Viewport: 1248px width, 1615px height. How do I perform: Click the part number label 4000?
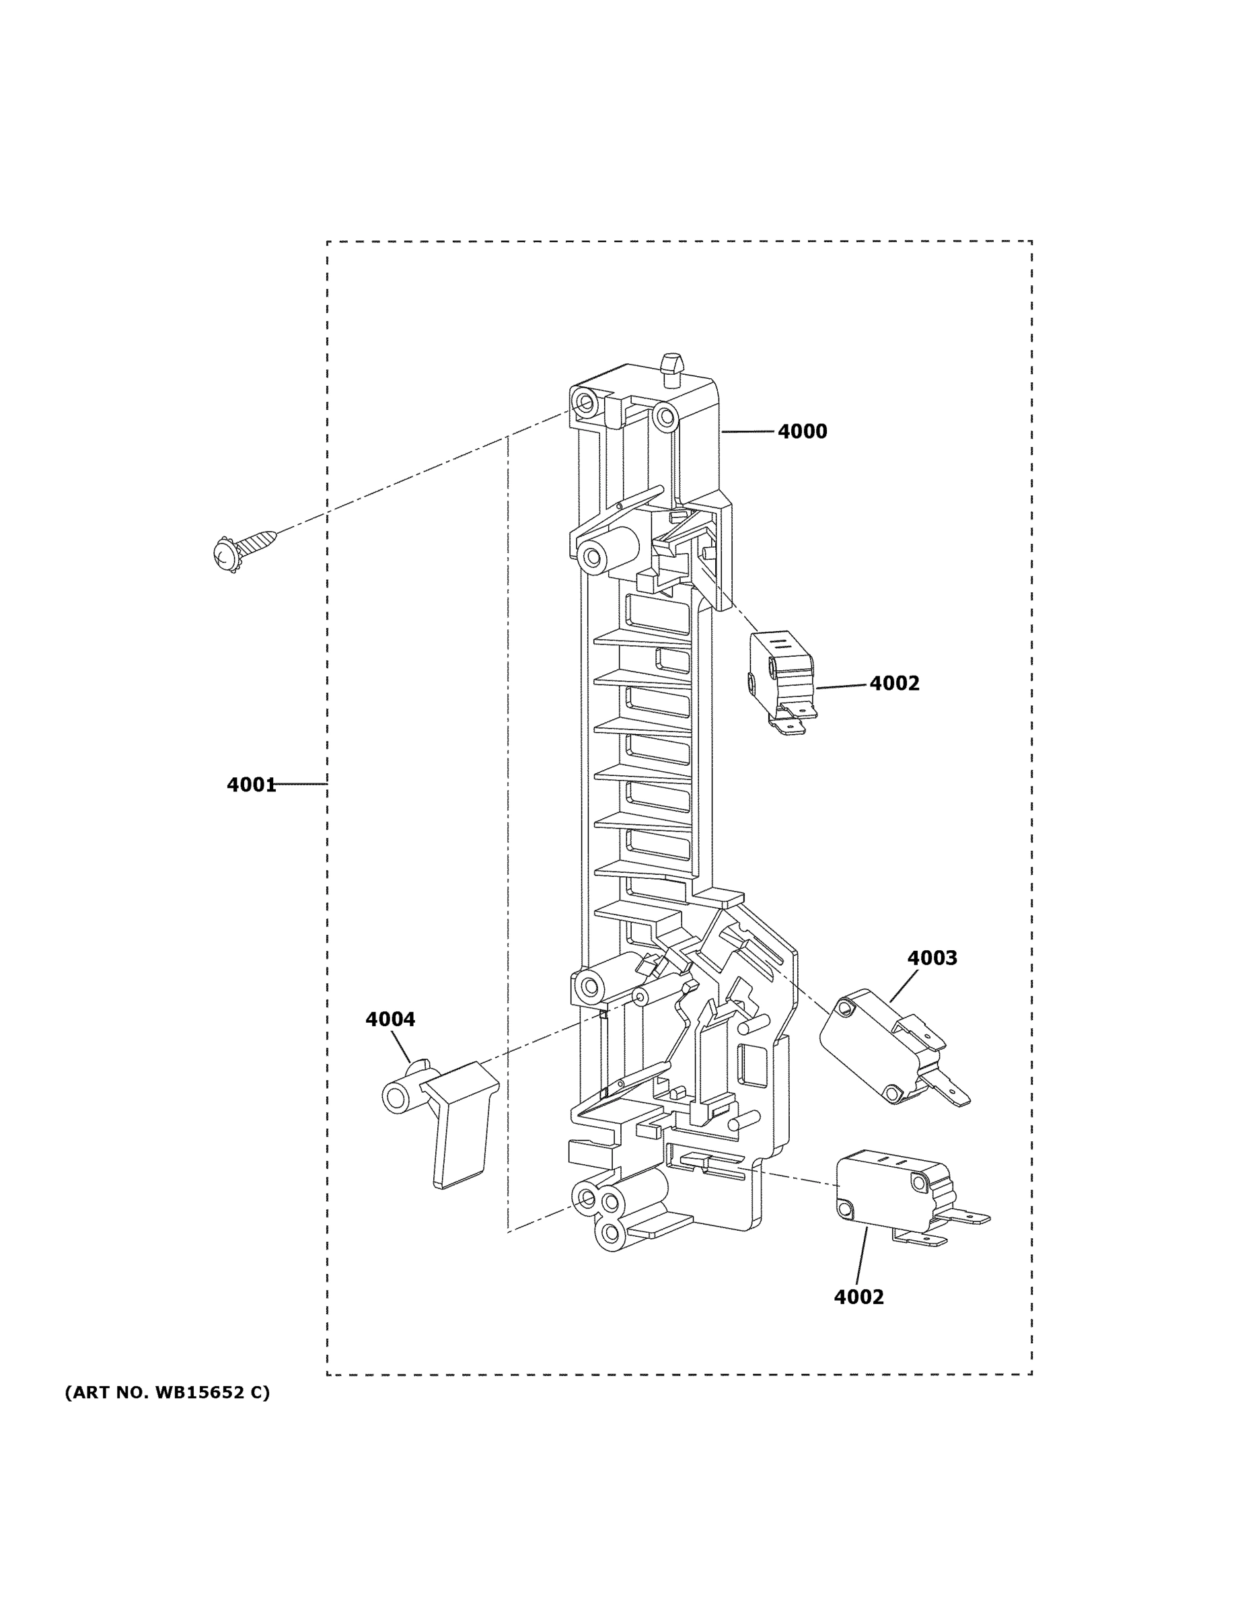(x=802, y=431)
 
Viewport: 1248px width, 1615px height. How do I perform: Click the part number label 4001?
(x=252, y=785)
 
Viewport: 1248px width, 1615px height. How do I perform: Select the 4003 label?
(x=932, y=958)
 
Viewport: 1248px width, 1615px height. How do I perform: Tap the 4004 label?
(x=390, y=1019)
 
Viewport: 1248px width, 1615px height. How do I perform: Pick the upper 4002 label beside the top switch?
(x=894, y=683)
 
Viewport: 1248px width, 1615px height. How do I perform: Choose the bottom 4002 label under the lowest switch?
(x=858, y=1297)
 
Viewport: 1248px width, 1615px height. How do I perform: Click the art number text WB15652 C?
(x=168, y=1393)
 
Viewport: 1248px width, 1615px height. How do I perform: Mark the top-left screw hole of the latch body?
(x=586, y=403)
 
